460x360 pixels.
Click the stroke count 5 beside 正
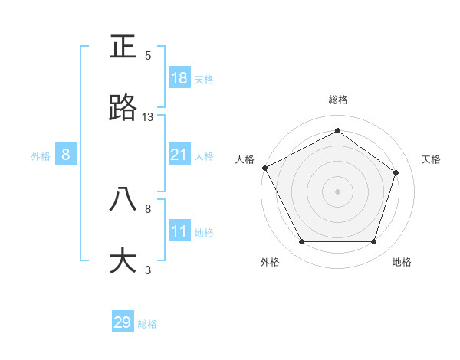[148, 56]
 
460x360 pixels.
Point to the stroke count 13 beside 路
[148, 117]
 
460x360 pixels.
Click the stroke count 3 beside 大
[148, 270]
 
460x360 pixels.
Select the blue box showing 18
[179, 78]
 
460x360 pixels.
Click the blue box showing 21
[179, 155]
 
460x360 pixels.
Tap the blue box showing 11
[179, 231]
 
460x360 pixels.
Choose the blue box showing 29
[123, 322]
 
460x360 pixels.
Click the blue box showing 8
[66, 155]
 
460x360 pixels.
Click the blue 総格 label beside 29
[147, 324]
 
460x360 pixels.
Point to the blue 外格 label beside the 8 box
[41, 156]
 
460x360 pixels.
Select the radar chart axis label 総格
[337, 100]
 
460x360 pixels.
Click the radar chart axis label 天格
[431, 159]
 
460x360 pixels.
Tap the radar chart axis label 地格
[402, 263]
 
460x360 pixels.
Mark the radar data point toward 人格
[264, 168]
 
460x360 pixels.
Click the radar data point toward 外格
[301, 242]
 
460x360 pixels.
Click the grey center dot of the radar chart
[337, 191]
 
